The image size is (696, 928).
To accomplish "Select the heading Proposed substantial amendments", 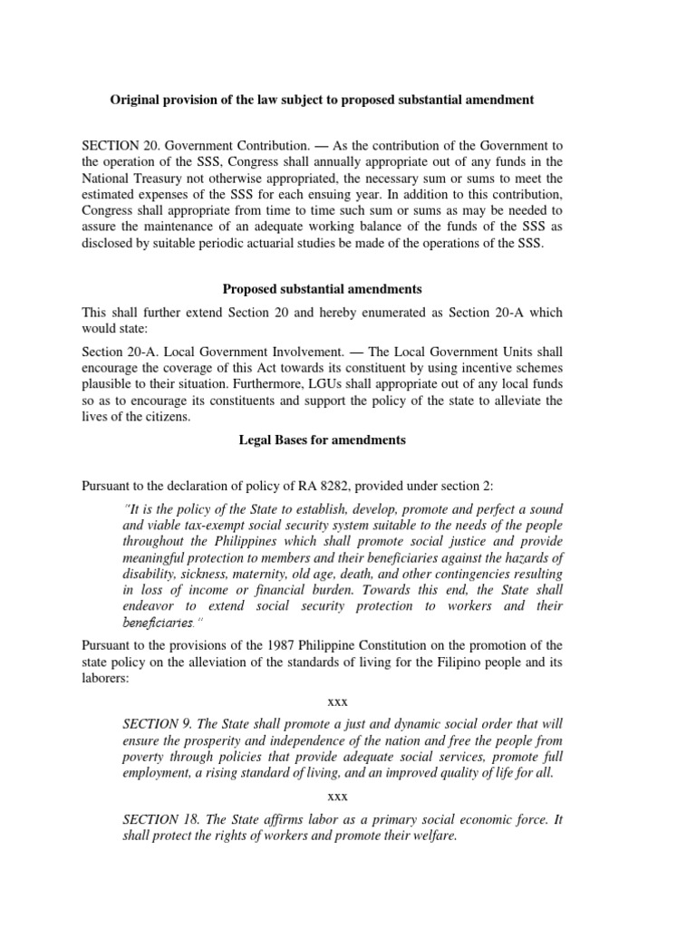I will coord(322,289).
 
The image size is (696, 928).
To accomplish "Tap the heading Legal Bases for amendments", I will coord(322,440).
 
